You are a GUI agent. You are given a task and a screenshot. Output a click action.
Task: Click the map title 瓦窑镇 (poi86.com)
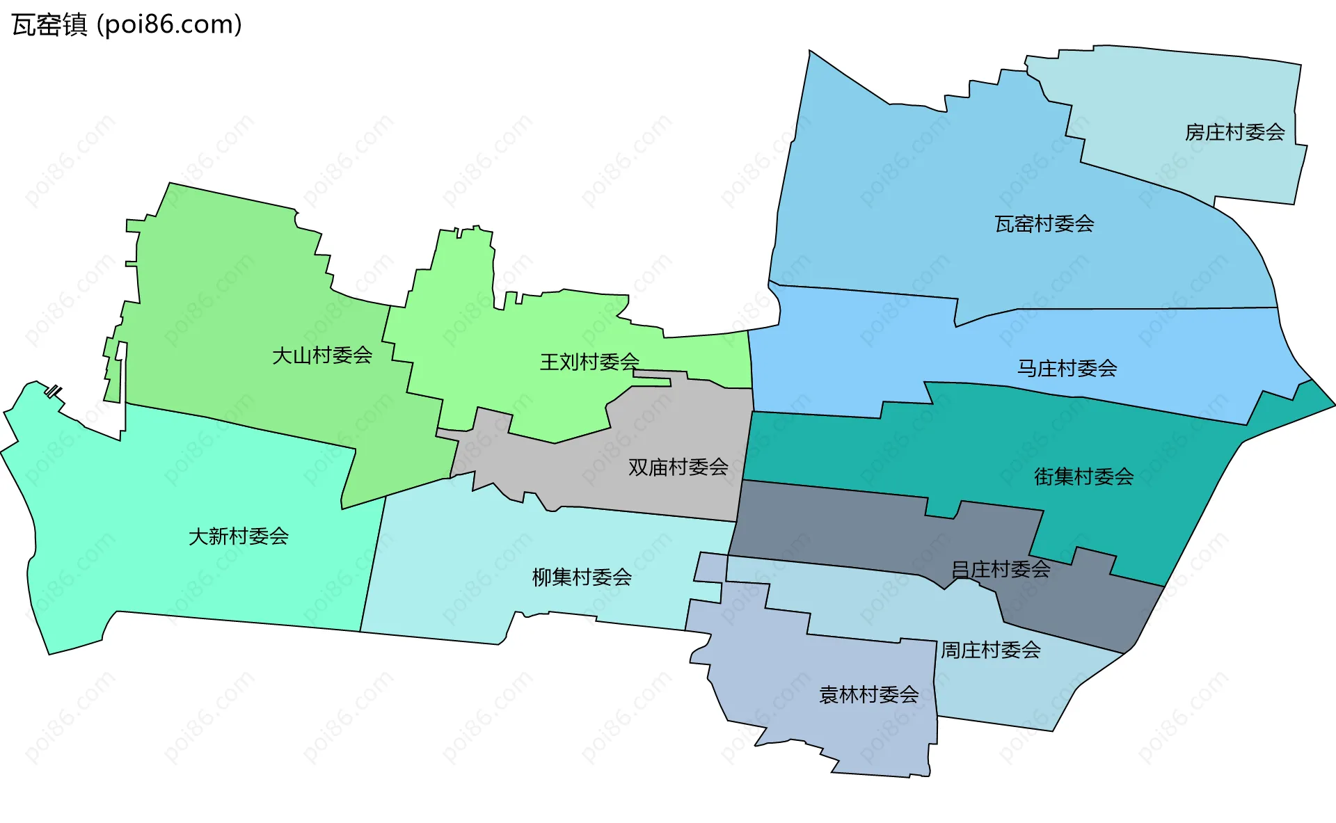point(127,25)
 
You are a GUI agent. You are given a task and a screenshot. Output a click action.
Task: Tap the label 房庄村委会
point(1234,132)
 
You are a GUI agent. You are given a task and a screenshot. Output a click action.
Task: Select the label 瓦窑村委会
point(1044,224)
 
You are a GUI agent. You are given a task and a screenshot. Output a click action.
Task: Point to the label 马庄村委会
point(1067,368)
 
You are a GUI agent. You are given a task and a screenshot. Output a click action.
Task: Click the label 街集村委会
point(1083,477)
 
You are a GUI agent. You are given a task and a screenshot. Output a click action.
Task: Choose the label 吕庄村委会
point(1001,569)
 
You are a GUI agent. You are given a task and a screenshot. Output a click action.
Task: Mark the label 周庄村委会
point(990,650)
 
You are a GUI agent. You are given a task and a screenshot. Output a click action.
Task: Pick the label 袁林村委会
point(868,695)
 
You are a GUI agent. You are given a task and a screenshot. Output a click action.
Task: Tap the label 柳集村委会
point(582,577)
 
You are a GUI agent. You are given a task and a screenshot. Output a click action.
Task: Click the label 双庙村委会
point(678,468)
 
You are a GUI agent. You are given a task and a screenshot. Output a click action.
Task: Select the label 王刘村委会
point(589,362)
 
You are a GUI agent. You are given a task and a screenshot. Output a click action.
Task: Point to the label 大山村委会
point(321,356)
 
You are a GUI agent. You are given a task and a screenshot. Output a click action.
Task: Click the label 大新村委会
point(238,536)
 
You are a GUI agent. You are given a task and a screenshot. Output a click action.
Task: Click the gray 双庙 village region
point(668,431)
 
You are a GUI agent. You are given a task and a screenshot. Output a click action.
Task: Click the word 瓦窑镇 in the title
point(49,25)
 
